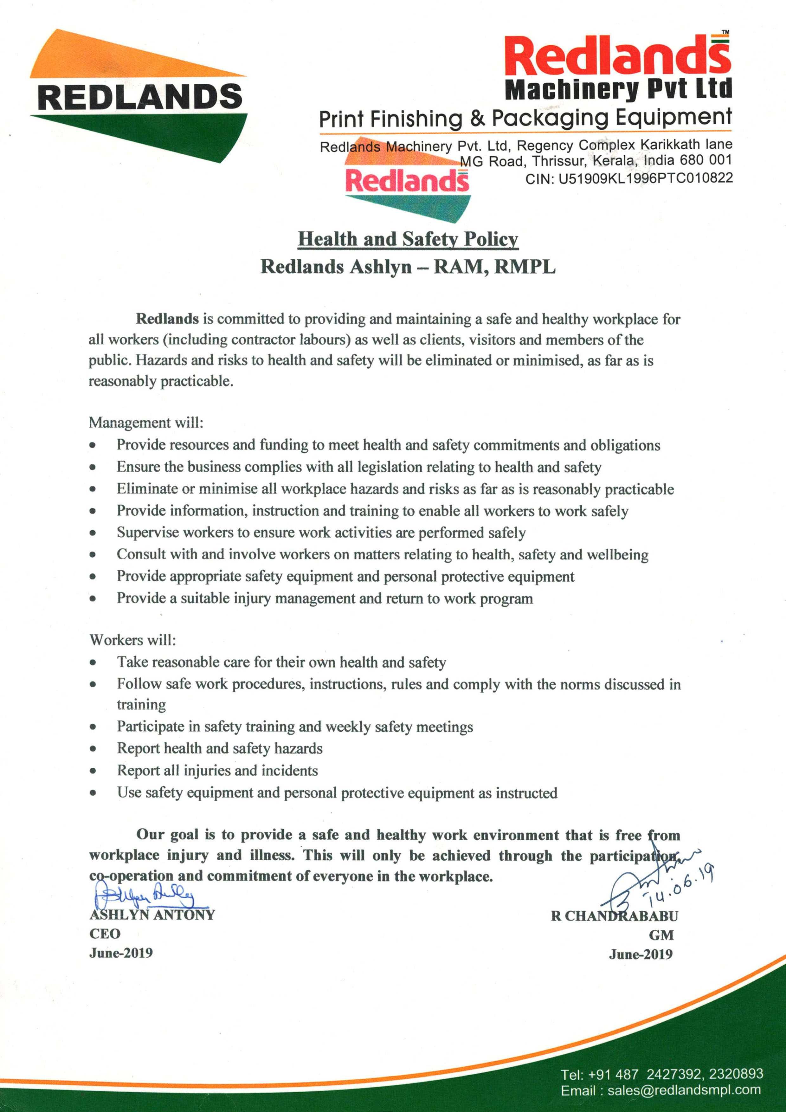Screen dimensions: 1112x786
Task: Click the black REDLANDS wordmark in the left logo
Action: [x=139, y=97]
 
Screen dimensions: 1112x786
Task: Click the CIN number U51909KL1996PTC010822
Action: [x=646, y=178]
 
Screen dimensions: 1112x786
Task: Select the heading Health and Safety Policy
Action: [x=408, y=239]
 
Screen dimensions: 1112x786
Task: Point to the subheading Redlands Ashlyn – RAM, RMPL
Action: [x=408, y=266]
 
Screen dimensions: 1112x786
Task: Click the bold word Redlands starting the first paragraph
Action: [x=167, y=319]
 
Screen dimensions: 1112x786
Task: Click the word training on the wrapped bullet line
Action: [x=141, y=704]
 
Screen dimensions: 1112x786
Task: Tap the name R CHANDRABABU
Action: [x=614, y=916]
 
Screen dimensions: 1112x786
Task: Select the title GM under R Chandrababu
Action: [x=661, y=935]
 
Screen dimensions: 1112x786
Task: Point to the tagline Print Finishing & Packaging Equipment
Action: [x=525, y=118]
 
